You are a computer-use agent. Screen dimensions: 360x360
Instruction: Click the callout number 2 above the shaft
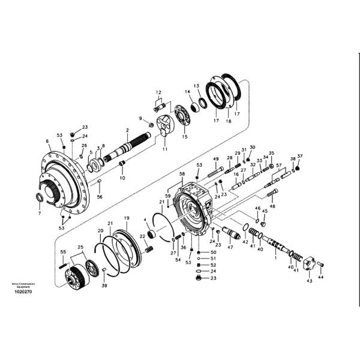coord(127,130)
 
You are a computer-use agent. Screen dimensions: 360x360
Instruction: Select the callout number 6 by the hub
coord(47,142)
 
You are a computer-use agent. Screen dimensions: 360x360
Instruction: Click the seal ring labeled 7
coord(39,198)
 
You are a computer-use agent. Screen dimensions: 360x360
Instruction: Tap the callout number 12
coord(158,92)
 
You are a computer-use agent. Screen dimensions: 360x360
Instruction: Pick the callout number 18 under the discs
coord(228,121)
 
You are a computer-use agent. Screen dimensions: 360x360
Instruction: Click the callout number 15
coord(185,137)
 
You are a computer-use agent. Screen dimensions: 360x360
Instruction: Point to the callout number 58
coord(182,173)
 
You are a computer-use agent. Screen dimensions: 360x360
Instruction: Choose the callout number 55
coord(63,253)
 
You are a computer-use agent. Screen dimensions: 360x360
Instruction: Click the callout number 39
coord(104,286)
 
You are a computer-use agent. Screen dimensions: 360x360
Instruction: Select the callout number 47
coord(230,247)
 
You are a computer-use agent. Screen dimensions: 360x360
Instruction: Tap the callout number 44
coord(320,278)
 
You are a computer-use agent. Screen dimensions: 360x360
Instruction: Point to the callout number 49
coord(215,159)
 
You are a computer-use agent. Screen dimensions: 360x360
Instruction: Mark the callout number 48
coord(272,206)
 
